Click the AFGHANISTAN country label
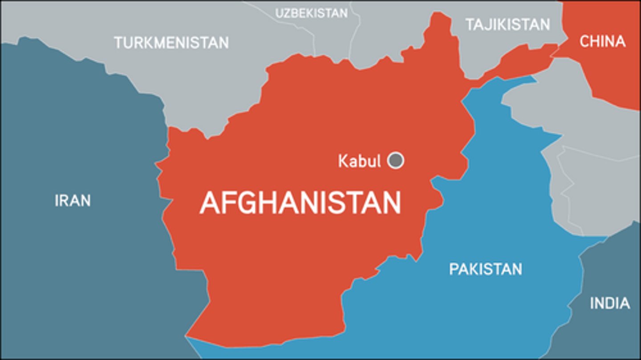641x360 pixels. [300, 203]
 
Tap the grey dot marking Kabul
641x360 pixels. [395, 160]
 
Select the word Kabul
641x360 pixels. [359, 161]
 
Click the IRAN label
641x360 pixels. [73, 200]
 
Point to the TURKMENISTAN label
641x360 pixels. [171, 43]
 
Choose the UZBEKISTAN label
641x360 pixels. [311, 13]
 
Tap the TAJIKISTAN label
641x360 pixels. [508, 24]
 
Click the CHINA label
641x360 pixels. [602, 41]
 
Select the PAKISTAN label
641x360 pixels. [485, 269]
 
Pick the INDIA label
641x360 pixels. [610, 303]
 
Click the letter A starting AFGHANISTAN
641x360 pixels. [210, 203]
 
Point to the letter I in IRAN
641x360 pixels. [57, 200]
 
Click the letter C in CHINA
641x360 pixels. [584, 41]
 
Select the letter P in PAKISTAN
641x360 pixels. [453, 269]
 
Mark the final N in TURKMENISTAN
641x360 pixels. [224, 43]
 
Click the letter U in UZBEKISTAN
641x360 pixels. [279, 13]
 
